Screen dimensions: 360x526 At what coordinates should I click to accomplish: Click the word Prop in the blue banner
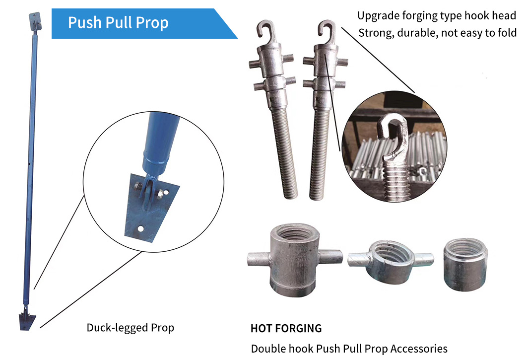coord(151,23)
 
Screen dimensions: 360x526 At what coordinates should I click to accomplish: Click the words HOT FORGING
coord(286,328)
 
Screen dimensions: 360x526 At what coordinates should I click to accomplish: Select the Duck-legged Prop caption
coord(131,328)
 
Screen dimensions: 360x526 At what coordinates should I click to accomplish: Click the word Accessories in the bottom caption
coord(419,349)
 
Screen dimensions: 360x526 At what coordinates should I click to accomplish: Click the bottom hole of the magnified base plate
coord(141,229)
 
